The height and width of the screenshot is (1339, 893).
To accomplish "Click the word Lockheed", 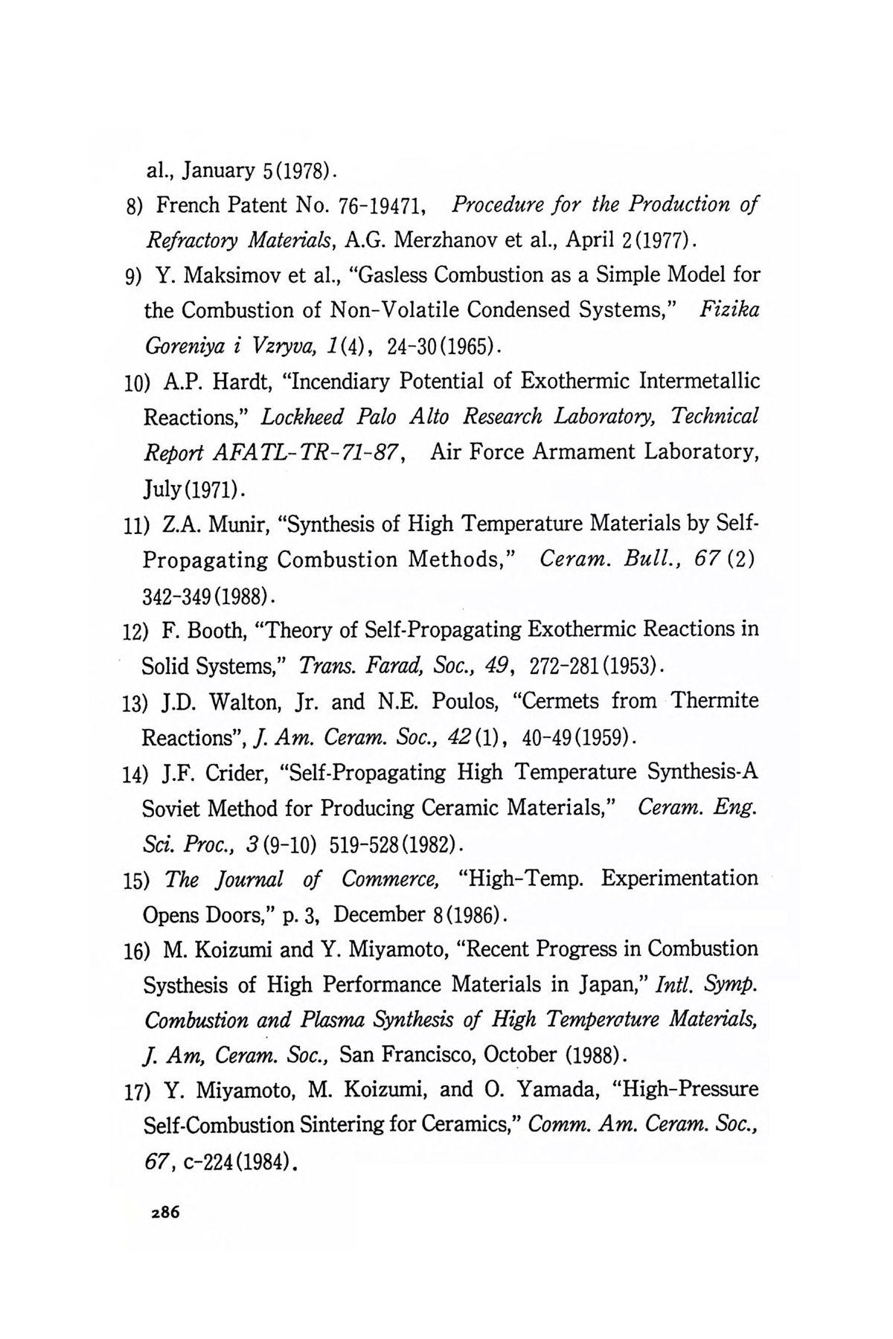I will pos(302,417).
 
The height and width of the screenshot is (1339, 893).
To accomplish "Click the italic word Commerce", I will pos(390,879).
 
